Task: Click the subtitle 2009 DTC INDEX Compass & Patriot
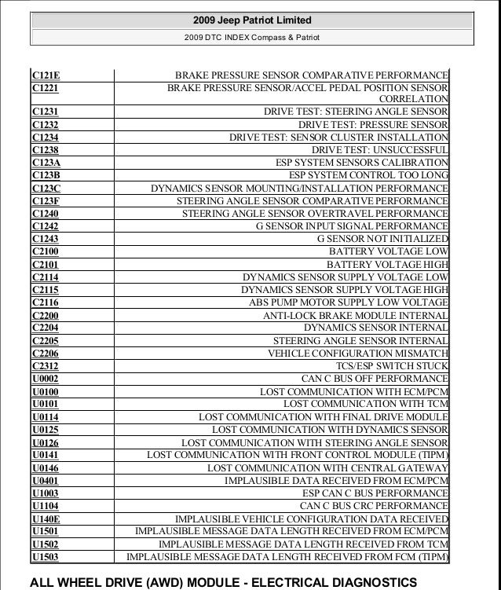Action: (x=251, y=37)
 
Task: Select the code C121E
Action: (x=46, y=75)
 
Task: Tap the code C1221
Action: (x=46, y=88)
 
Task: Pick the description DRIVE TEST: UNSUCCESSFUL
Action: (x=380, y=149)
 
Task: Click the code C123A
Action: (x=46, y=162)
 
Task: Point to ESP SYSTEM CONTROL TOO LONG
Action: (x=368, y=174)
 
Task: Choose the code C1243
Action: (x=46, y=238)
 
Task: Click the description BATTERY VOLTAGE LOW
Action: (x=388, y=251)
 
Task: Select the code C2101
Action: (x=46, y=264)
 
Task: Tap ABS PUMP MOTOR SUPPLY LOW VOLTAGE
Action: (x=349, y=302)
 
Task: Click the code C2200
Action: (x=46, y=315)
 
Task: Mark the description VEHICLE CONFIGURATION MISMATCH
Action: (x=358, y=353)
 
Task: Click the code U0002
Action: (x=46, y=379)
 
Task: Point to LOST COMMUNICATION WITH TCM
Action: (x=366, y=404)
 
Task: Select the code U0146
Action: (x=46, y=468)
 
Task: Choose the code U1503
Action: (x=46, y=558)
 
